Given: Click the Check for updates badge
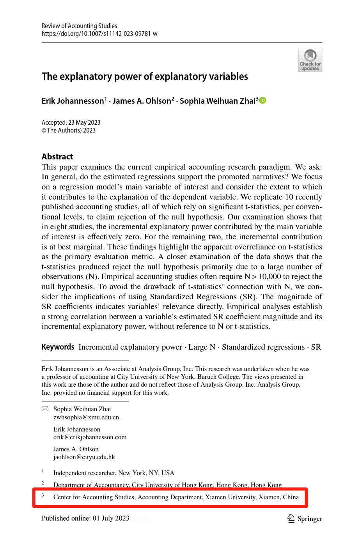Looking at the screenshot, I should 310,60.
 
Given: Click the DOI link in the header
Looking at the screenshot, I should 99,34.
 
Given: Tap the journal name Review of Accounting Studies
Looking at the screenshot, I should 79,26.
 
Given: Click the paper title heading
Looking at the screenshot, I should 145,76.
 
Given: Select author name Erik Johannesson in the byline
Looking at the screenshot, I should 73,101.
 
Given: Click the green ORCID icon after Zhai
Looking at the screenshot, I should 263,101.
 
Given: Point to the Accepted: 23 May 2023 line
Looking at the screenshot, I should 71,122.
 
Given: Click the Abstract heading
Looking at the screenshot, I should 57,157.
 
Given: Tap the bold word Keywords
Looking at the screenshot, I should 58,347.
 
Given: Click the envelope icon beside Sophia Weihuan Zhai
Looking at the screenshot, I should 45,409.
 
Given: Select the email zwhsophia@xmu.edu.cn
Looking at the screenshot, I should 86,417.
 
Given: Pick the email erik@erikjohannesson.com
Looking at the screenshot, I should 90,437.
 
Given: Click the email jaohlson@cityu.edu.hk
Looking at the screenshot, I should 84,457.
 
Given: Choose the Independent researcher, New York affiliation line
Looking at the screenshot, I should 113,473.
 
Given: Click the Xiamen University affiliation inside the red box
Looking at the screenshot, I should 176,497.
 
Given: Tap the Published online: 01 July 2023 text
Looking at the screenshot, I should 85,518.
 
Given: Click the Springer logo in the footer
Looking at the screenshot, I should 305,518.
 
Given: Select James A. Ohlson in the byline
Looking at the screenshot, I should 142,101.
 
